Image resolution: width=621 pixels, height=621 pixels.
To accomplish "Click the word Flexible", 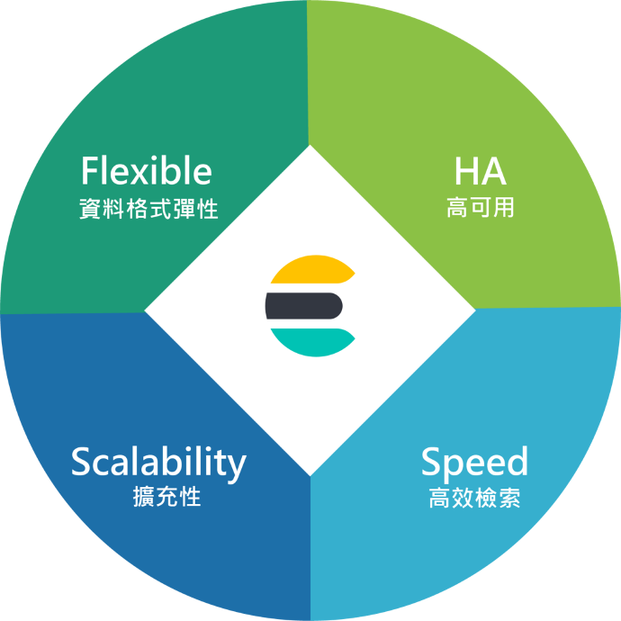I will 146,171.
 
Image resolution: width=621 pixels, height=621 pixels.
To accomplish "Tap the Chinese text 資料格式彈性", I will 148,210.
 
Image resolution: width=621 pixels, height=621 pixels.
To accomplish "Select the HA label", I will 479,171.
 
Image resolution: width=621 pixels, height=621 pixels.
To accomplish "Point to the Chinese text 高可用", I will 480,208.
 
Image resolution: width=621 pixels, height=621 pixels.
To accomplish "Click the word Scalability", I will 157,462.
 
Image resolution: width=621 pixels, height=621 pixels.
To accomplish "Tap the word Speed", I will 474,463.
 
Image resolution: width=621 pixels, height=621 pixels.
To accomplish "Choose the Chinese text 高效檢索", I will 474,498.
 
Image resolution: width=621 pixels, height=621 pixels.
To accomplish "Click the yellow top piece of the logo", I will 310,271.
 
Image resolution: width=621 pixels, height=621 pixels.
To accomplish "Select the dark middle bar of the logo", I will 303,306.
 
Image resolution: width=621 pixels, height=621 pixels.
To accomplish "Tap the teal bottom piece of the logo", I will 310,341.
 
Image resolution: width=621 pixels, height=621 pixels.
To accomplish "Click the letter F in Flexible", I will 89,171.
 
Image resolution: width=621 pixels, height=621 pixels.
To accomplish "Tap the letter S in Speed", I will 432,462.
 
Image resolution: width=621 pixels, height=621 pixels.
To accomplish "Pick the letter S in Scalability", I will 81,462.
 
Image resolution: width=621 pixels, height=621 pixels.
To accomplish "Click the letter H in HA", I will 465,171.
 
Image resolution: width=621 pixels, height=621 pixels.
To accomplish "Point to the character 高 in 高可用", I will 456,208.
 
